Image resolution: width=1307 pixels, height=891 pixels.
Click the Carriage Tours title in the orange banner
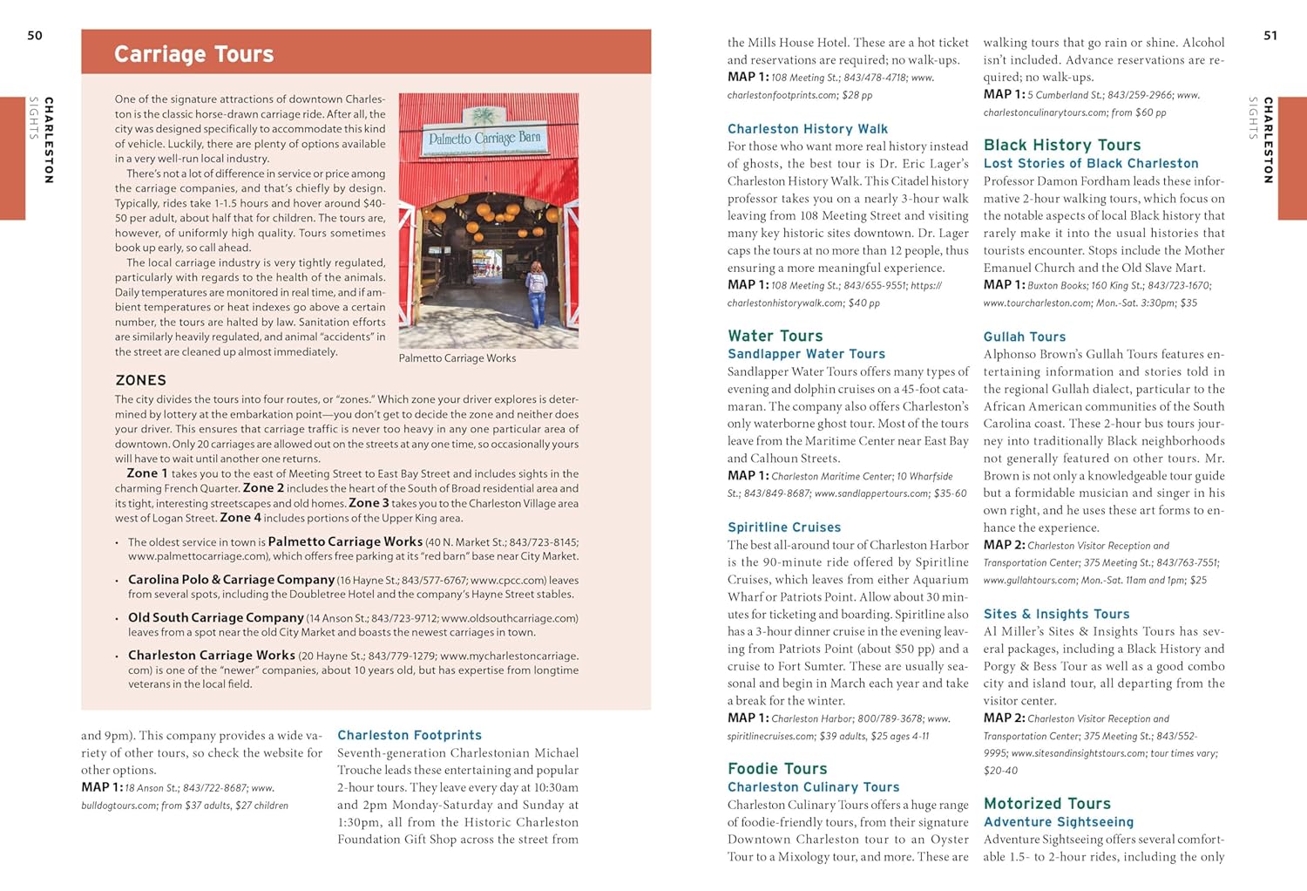pyautogui.click(x=193, y=54)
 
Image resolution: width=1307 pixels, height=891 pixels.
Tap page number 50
pyautogui.click(x=35, y=36)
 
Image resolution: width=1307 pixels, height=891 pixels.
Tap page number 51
pyautogui.click(x=1270, y=36)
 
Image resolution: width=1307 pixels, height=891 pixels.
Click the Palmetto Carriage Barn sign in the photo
pyautogui.click(x=484, y=137)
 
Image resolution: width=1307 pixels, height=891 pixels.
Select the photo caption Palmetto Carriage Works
pyautogui.click(x=457, y=358)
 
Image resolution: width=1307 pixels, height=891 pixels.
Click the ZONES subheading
pyautogui.click(x=140, y=380)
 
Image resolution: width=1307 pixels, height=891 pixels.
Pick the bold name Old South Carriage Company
pyautogui.click(x=215, y=617)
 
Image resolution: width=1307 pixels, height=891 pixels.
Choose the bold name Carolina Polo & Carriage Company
pyautogui.click(x=231, y=580)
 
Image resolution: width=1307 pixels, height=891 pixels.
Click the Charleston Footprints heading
pyautogui.click(x=409, y=735)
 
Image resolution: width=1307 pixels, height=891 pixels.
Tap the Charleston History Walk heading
pyautogui.click(x=807, y=129)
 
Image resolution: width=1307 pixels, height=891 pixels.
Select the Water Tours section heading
pyautogui.click(x=775, y=336)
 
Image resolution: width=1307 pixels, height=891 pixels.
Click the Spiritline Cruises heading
pyautogui.click(x=784, y=527)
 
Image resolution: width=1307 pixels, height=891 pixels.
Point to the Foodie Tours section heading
pyautogui.click(x=777, y=768)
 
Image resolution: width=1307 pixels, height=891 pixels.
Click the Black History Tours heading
pyautogui.click(x=1061, y=145)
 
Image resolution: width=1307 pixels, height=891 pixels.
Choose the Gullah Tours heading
pyautogui.click(x=1024, y=337)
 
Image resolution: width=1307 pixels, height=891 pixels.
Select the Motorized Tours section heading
pyautogui.click(x=1046, y=803)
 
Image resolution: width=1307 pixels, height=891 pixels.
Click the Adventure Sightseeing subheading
pyautogui.click(x=1058, y=822)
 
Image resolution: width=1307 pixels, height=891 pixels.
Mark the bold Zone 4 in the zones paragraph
pyautogui.click(x=239, y=518)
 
